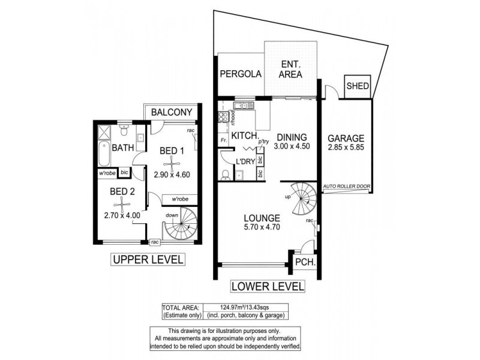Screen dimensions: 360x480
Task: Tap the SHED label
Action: [358, 86]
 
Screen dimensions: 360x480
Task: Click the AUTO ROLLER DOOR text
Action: [346, 187]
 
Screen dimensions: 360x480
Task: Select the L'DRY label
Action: [244, 162]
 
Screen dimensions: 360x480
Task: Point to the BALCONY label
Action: [171, 112]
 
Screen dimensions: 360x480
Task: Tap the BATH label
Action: [122, 148]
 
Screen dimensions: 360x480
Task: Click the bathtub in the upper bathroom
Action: [103, 154]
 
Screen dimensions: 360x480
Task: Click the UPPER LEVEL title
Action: [147, 259]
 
